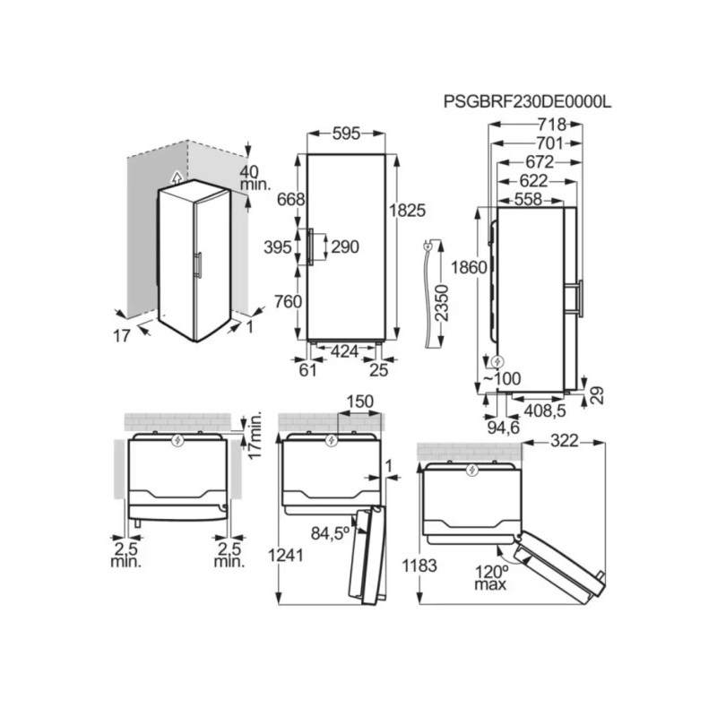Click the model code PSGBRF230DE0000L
[x=527, y=102]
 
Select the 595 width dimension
[x=345, y=134]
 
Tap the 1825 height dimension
[x=408, y=209]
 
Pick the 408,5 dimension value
[x=543, y=411]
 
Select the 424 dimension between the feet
[x=346, y=351]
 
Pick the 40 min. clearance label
[x=255, y=177]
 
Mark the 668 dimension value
[x=291, y=199]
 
